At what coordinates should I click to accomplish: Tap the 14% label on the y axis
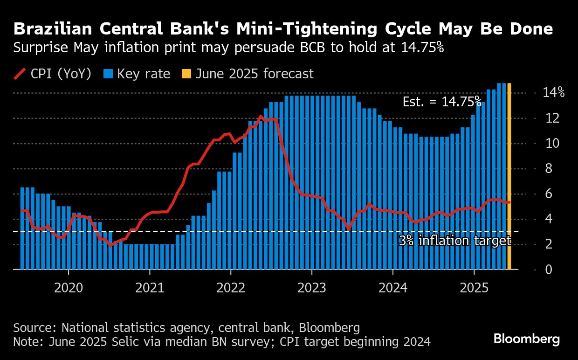click(x=553, y=93)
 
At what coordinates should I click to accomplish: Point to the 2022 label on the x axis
click(x=231, y=288)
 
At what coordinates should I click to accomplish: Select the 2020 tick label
click(x=69, y=288)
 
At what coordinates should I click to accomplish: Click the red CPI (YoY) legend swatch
click(x=20, y=74)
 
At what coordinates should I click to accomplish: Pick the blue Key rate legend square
click(x=109, y=74)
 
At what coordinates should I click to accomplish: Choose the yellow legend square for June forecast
click(x=186, y=74)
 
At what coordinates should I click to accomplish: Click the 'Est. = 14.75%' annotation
click(x=441, y=102)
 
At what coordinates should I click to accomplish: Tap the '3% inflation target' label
click(x=454, y=241)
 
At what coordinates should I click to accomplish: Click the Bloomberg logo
click(x=526, y=339)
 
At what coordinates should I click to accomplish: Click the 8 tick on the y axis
click(x=548, y=168)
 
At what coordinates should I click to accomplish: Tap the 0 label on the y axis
click(x=548, y=270)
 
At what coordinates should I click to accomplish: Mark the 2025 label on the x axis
click(x=474, y=288)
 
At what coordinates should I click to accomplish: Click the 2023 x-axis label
click(x=312, y=288)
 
